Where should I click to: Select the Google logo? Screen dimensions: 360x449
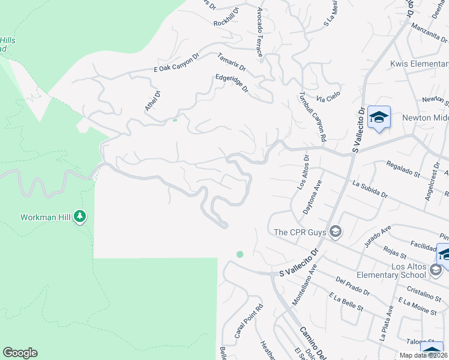click(x=20, y=353)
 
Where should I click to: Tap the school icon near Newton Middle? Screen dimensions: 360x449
click(x=379, y=118)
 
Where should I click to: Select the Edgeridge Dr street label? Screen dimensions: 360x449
click(x=232, y=83)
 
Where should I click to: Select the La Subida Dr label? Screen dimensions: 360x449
click(x=370, y=190)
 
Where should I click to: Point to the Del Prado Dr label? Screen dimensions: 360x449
click(x=354, y=286)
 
